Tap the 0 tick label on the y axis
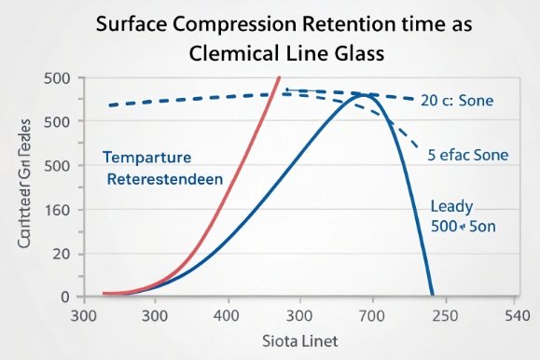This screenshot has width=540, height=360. (65, 297)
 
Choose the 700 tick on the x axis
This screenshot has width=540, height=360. (371, 315)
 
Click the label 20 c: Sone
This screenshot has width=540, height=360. (456, 100)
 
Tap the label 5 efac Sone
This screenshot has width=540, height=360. (467, 155)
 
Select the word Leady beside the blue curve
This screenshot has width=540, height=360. (451, 207)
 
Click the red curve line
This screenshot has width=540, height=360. (233, 168)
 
